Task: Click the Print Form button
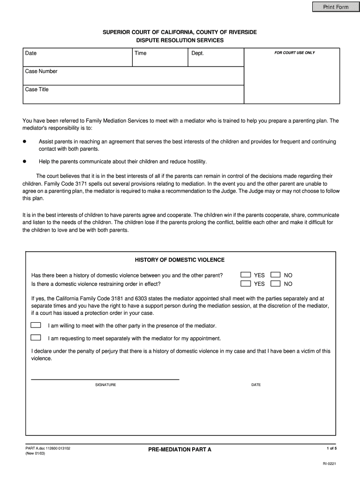333,7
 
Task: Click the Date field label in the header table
31,53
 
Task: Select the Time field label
140,53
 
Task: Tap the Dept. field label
197,53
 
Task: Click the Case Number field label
41,72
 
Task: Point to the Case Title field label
36,89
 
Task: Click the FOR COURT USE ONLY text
294,53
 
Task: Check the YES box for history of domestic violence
245,276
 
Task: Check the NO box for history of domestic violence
275,276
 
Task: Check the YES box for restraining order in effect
245,284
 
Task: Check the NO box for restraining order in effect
275,284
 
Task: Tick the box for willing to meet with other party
36,325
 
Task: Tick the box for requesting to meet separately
36,338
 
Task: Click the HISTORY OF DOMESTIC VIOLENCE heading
180,260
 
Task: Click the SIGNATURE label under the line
106,385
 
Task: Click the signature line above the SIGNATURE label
105,379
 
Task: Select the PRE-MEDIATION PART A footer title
180,450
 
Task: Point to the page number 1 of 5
331,449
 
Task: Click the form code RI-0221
329,464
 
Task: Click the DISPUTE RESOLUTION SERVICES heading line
180,41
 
